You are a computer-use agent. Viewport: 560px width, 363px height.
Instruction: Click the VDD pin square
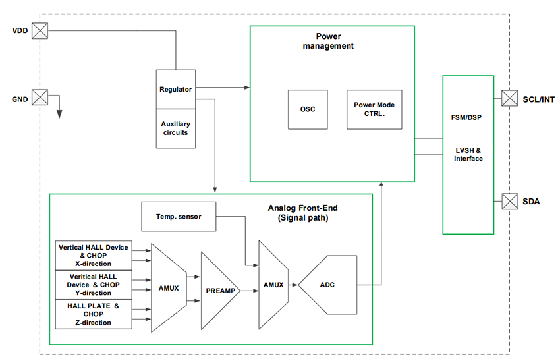[41, 31]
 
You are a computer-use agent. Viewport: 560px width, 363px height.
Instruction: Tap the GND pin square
[41, 98]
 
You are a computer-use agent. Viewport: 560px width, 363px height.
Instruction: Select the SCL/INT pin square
[510, 98]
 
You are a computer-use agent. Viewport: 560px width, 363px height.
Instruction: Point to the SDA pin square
[510, 200]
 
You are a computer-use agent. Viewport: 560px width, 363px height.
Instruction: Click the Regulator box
[176, 89]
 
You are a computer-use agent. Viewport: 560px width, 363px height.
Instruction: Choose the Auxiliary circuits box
[176, 128]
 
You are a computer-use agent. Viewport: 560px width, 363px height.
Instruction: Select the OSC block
[308, 109]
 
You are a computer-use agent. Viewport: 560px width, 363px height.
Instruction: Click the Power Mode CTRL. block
[374, 109]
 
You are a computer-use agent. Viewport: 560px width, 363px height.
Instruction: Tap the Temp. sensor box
[179, 216]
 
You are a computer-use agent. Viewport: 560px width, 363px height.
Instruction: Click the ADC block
[329, 285]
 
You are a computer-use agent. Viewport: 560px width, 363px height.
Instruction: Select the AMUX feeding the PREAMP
[168, 288]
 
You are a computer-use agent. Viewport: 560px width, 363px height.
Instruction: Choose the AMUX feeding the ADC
[273, 285]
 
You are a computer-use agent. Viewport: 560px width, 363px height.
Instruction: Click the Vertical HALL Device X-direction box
[94, 256]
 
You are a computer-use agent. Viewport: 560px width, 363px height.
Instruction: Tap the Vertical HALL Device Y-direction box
[94, 285]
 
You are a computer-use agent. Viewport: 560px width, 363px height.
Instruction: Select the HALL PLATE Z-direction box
[94, 314]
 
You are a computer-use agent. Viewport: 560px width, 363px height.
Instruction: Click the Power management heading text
[332, 42]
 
